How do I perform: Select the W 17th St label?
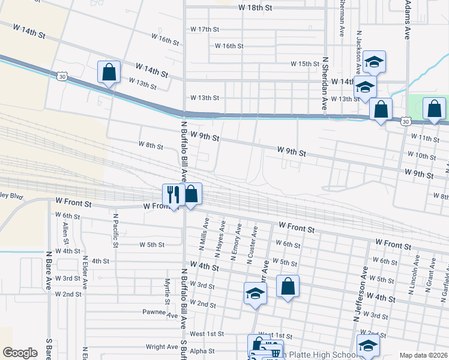[x=205, y=29]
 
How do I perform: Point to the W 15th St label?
[x=305, y=64]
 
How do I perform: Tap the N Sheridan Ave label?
[x=325, y=83]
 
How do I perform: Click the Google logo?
[x=20, y=353]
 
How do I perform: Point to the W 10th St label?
[x=421, y=156]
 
